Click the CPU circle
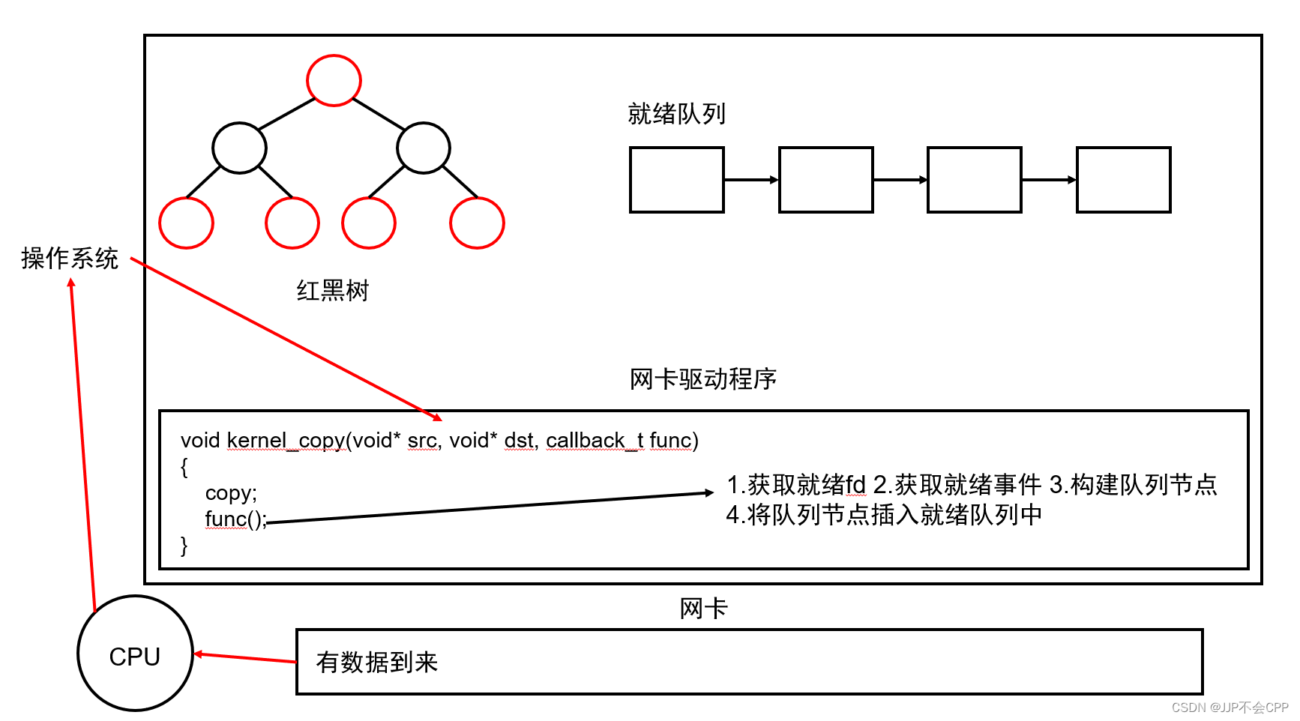(135, 654)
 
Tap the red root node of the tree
(334, 80)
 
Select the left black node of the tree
(239, 148)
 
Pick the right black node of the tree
(424, 148)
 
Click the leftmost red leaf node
(187, 223)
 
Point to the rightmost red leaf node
(477, 223)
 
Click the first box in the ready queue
(676, 180)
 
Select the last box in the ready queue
(1123, 180)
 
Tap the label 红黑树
(333, 291)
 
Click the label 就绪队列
(676, 114)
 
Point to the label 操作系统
(70, 259)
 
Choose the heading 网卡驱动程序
(702, 379)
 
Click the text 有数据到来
(376, 663)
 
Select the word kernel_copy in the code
(286, 441)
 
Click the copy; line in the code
(231, 493)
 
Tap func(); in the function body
(235, 519)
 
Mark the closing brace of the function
(184, 546)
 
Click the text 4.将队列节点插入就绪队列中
(884, 515)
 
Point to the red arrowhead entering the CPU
(199, 654)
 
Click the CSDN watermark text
(1230, 708)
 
